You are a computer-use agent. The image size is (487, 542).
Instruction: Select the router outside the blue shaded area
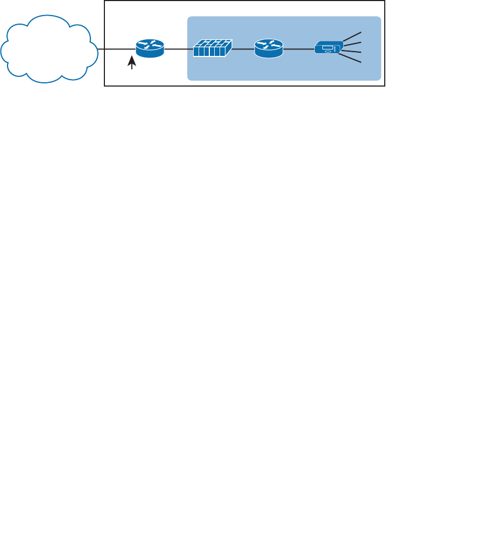150,49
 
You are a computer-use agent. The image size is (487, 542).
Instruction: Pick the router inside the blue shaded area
269,49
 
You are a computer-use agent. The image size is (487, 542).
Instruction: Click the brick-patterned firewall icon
213,50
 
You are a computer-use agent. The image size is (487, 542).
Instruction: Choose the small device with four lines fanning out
328,49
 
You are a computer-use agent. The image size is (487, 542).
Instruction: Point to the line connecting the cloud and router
116,50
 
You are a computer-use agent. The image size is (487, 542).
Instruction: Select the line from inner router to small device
298,50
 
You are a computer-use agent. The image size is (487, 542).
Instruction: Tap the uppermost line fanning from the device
352,35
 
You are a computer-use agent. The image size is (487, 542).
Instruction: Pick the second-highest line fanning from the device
352,43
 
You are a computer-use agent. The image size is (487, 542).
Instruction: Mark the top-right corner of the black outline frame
385,1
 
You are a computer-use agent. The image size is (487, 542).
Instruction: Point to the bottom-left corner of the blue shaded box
188,80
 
